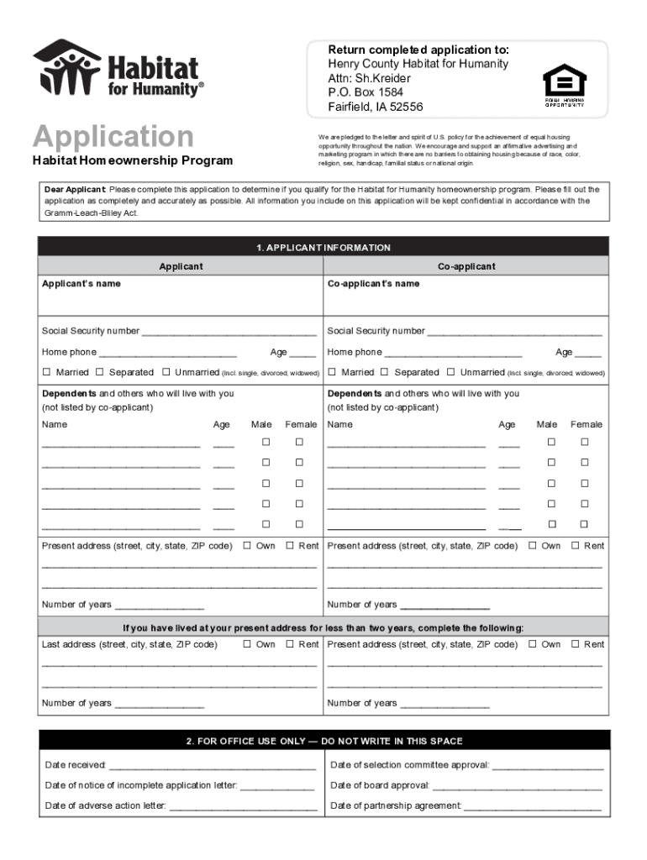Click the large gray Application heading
pyautogui.click(x=113, y=136)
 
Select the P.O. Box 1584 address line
pyautogui.click(x=366, y=92)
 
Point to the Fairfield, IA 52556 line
pyautogui.click(x=376, y=107)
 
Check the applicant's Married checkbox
pyautogui.click(x=47, y=372)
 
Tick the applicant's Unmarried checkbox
pyautogui.click(x=166, y=372)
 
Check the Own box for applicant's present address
pyautogui.click(x=248, y=546)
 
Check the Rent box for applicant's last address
pyautogui.click(x=290, y=644)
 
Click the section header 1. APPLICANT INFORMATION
pyautogui.click(x=323, y=248)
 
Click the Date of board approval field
pyautogui.click(x=517, y=787)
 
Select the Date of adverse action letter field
pyautogui.click(x=243, y=807)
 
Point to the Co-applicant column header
pyautogui.click(x=466, y=266)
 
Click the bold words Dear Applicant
pyautogui.click(x=75, y=190)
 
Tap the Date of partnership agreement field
pyautogui.click(x=533, y=807)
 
